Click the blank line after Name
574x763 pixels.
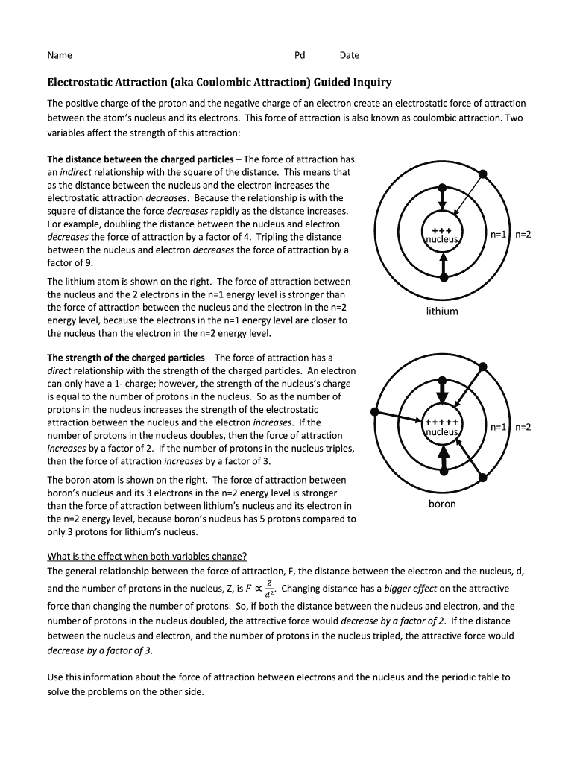pyautogui.click(x=180, y=56)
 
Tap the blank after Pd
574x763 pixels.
pyautogui.click(x=318, y=56)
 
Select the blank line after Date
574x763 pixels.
pyautogui.click(x=423, y=56)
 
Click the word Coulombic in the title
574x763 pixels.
pyautogui.click(x=244, y=83)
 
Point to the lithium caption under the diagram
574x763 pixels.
pyautogui.click(x=442, y=311)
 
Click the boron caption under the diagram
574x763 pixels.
pyautogui.click(x=442, y=504)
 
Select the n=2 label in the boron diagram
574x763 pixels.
pyautogui.click(x=523, y=427)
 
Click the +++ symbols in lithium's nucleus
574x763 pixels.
pyautogui.click(x=442, y=229)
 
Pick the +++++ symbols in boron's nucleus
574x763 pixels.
pyautogui.click(x=442, y=422)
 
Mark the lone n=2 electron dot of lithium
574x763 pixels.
pyautogui.click(x=483, y=174)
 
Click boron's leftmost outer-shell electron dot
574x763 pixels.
pyautogui.click(x=375, y=411)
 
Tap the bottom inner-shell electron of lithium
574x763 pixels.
pyautogui.click(x=444, y=277)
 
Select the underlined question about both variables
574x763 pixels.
pyautogui.click(x=147, y=557)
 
